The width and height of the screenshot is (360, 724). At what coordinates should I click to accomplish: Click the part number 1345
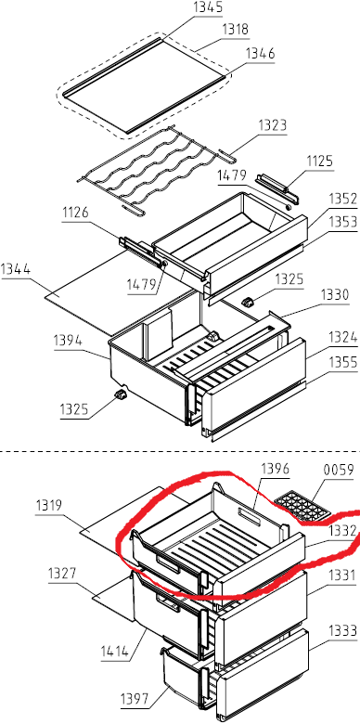click(x=209, y=7)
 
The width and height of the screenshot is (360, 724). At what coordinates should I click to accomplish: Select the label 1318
click(x=235, y=30)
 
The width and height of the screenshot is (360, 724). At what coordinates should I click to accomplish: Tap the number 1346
click(x=260, y=54)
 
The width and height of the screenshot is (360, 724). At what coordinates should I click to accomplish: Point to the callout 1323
click(x=272, y=125)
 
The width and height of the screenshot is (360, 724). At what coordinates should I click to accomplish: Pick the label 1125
click(x=319, y=162)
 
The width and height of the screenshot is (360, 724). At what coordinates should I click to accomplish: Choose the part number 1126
click(x=75, y=213)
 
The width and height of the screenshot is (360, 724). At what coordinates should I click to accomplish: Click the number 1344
click(x=16, y=269)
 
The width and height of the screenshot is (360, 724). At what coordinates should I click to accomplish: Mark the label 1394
click(x=68, y=342)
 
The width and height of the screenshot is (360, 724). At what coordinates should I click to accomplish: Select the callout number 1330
click(x=336, y=294)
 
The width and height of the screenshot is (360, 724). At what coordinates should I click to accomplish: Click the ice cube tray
click(x=302, y=507)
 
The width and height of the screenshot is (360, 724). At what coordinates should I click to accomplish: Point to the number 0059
click(x=339, y=471)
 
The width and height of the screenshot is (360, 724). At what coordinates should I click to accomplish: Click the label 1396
click(x=275, y=469)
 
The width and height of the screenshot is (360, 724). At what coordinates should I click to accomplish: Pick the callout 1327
click(x=62, y=575)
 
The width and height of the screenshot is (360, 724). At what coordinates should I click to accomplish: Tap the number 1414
click(x=115, y=652)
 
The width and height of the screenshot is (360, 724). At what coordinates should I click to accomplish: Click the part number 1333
click(x=343, y=630)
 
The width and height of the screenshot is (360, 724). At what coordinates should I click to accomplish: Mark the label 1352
click(x=343, y=199)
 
